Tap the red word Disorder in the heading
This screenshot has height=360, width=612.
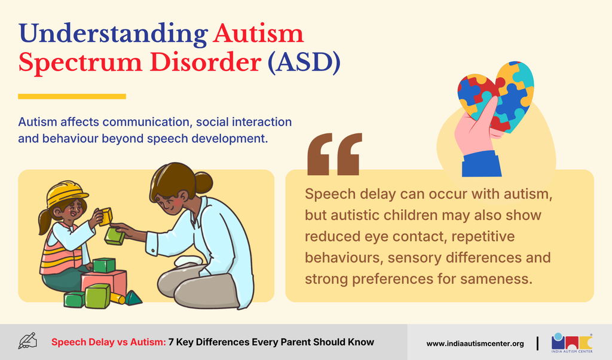tap(206, 62)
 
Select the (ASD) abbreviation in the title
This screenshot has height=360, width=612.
tap(304, 63)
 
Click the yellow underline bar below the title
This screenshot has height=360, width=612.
tap(72, 96)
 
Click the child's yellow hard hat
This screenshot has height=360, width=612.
tap(66, 193)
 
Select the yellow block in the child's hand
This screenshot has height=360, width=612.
tap(105, 216)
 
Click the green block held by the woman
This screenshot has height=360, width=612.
tap(115, 236)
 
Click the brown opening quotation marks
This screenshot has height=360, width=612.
tap(335, 154)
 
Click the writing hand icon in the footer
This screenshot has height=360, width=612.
tap(27, 341)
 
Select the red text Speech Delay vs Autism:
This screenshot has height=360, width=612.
tap(109, 342)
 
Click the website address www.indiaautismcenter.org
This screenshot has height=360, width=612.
tap(475, 344)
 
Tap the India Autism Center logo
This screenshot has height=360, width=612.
tap(572, 343)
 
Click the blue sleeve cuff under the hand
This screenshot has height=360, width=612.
tap(481, 165)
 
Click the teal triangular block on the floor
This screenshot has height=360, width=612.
tap(133, 298)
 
